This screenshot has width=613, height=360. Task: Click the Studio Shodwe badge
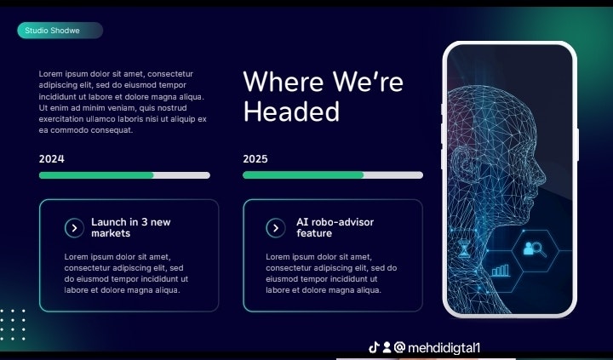pyautogui.click(x=60, y=31)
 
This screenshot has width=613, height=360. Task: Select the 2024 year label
pyautogui.click(x=51, y=158)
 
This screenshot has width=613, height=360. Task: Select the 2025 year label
pyautogui.click(x=255, y=158)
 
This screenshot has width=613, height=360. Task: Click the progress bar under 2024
pyautogui.click(x=124, y=175)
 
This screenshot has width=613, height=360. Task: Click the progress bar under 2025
pyautogui.click(x=332, y=175)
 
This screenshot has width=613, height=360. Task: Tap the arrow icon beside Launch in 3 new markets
pyautogui.click(x=73, y=227)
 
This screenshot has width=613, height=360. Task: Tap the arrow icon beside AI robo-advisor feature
pyautogui.click(x=275, y=227)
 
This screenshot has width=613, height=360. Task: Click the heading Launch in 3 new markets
pyautogui.click(x=130, y=227)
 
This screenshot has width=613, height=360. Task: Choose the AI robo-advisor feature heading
pyautogui.click(x=335, y=227)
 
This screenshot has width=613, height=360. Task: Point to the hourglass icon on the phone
pyautogui.click(x=463, y=249)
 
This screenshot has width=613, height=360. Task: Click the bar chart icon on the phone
pyautogui.click(x=501, y=270)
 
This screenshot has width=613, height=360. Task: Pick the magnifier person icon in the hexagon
pyautogui.click(x=536, y=249)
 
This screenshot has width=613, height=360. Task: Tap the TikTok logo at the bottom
pyautogui.click(x=373, y=347)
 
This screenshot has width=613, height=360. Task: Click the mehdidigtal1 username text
pyautogui.click(x=444, y=347)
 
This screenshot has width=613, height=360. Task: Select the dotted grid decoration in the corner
pyautogui.click(x=13, y=323)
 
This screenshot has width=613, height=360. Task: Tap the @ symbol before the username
pyautogui.click(x=398, y=347)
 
